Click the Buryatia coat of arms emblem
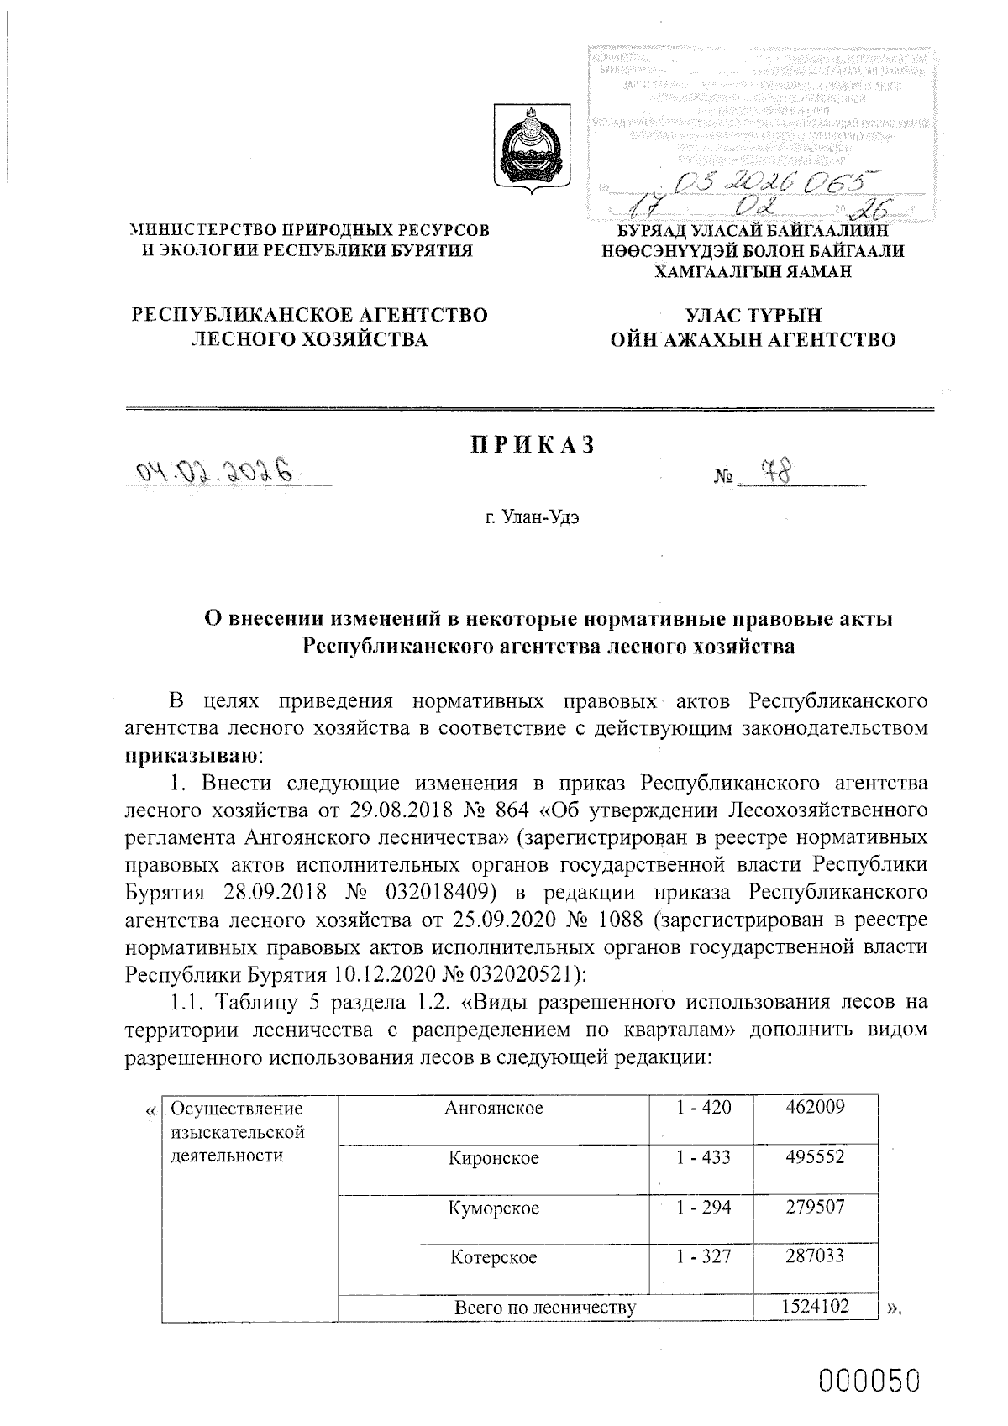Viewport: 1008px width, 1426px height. click(x=531, y=151)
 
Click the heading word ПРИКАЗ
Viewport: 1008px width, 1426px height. click(x=532, y=445)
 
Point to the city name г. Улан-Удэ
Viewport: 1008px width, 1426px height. click(x=532, y=517)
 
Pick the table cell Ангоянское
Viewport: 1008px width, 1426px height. click(x=494, y=1108)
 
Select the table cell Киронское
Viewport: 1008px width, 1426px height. click(x=494, y=1158)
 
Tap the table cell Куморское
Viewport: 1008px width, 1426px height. click(x=494, y=1208)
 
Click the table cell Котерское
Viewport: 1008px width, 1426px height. click(x=494, y=1257)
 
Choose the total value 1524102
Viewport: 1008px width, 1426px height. click(x=815, y=1306)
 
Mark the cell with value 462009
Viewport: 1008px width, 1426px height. click(x=815, y=1107)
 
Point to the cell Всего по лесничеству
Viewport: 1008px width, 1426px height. click(x=544, y=1307)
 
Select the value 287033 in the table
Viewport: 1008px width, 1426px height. click(x=815, y=1256)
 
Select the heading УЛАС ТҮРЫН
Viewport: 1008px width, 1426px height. click(x=753, y=316)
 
